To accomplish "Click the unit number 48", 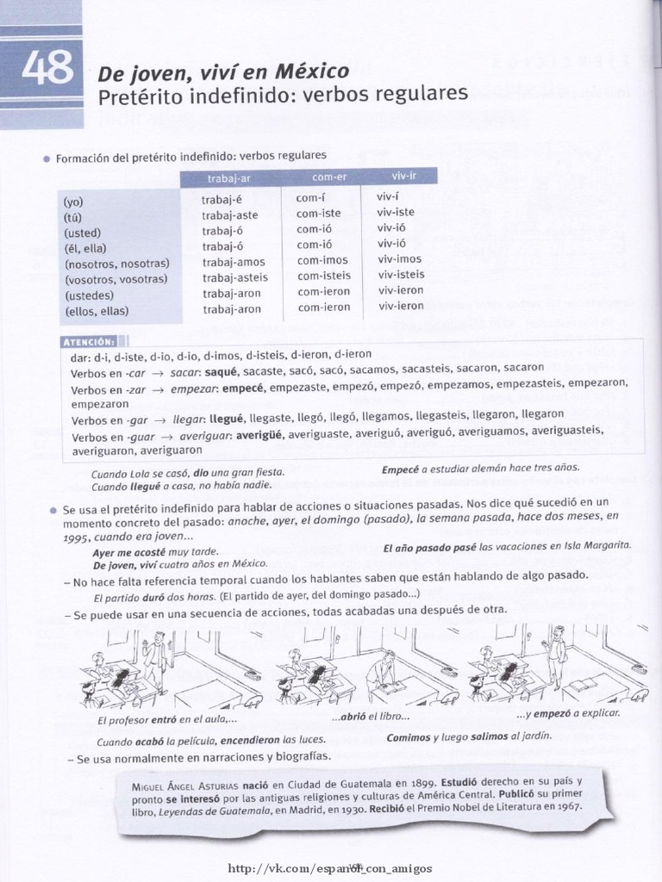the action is point(48,67).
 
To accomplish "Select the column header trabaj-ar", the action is point(228,179).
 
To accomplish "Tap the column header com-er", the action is point(329,177).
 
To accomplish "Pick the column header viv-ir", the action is point(403,176).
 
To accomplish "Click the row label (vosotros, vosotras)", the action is point(116,280).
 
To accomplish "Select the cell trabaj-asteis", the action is point(235,278).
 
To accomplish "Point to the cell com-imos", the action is point(322,260).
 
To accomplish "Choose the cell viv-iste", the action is point(396,212).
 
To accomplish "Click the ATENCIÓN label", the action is point(90,342).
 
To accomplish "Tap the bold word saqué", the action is point(222,372).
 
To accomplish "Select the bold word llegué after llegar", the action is point(227,419).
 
